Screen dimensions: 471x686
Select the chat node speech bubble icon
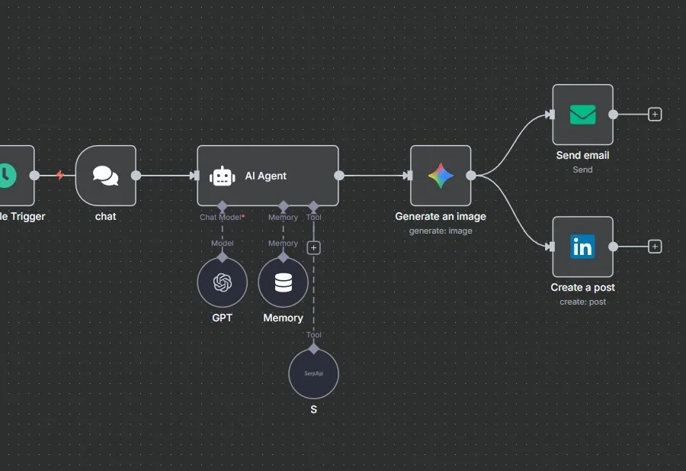click(x=106, y=176)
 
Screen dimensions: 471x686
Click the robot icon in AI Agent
click(x=222, y=176)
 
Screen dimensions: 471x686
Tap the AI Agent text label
click(x=265, y=176)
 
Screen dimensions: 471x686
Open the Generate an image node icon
click(x=441, y=176)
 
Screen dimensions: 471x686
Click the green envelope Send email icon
click(x=582, y=115)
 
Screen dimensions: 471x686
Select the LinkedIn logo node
click(x=582, y=247)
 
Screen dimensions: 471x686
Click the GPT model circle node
click(x=222, y=282)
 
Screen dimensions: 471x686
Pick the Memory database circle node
click(x=283, y=282)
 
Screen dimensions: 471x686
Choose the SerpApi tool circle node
click(x=313, y=374)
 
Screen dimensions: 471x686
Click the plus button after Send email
click(x=655, y=115)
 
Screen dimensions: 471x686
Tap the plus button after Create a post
click(x=655, y=247)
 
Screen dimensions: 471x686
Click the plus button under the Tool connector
click(x=313, y=247)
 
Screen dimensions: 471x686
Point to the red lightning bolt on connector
click(x=60, y=176)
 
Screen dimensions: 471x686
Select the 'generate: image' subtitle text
click(x=441, y=231)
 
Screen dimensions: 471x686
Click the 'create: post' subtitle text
click(x=582, y=302)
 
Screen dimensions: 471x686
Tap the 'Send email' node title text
click(x=582, y=155)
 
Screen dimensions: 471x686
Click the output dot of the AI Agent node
click(x=339, y=176)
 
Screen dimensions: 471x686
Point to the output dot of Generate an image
click(x=471, y=176)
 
